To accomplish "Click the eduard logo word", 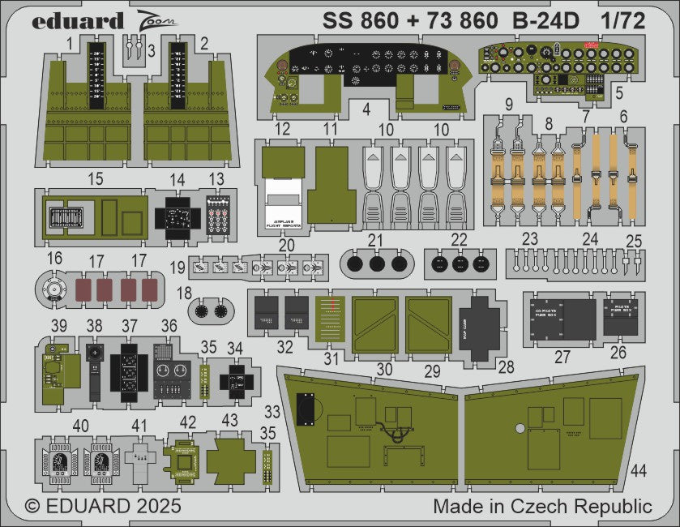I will [78, 21].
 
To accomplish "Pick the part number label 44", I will [639, 470].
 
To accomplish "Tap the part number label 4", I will [366, 107].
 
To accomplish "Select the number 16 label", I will [54, 258].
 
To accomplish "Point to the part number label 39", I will [58, 325].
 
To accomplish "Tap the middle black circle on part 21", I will [376, 263].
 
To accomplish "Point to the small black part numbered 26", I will [621, 317].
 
